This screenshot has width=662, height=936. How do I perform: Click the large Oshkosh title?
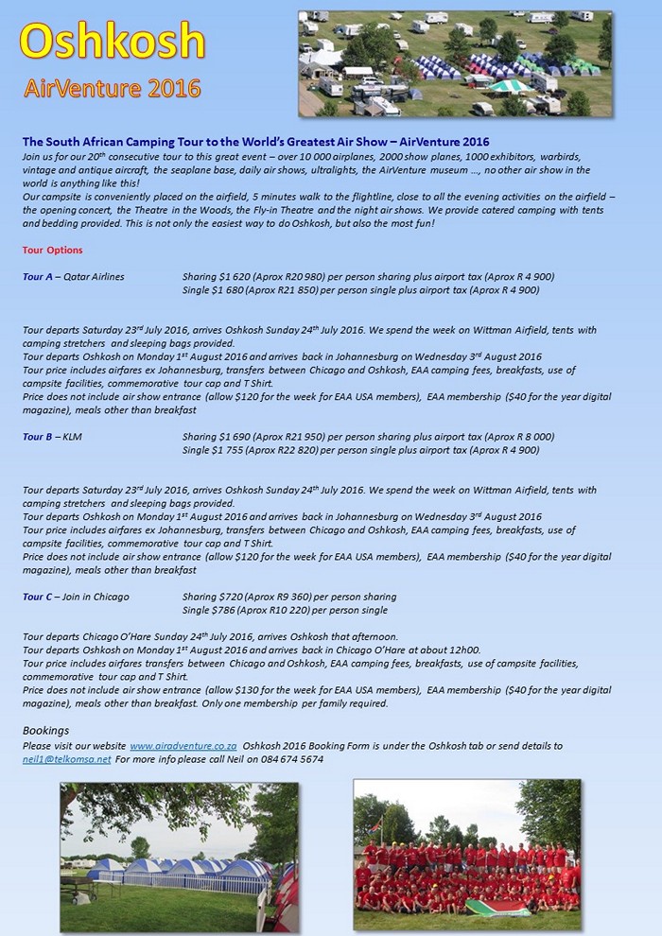(113, 42)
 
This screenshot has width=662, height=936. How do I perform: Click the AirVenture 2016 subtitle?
(113, 89)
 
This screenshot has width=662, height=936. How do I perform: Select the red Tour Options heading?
(52, 250)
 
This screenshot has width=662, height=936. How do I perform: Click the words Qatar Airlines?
(94, 276)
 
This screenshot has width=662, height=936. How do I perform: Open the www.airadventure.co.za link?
(183, 745)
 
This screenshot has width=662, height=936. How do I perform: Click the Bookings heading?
(45, 731)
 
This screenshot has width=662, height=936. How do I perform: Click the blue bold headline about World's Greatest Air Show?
(250, 142)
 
